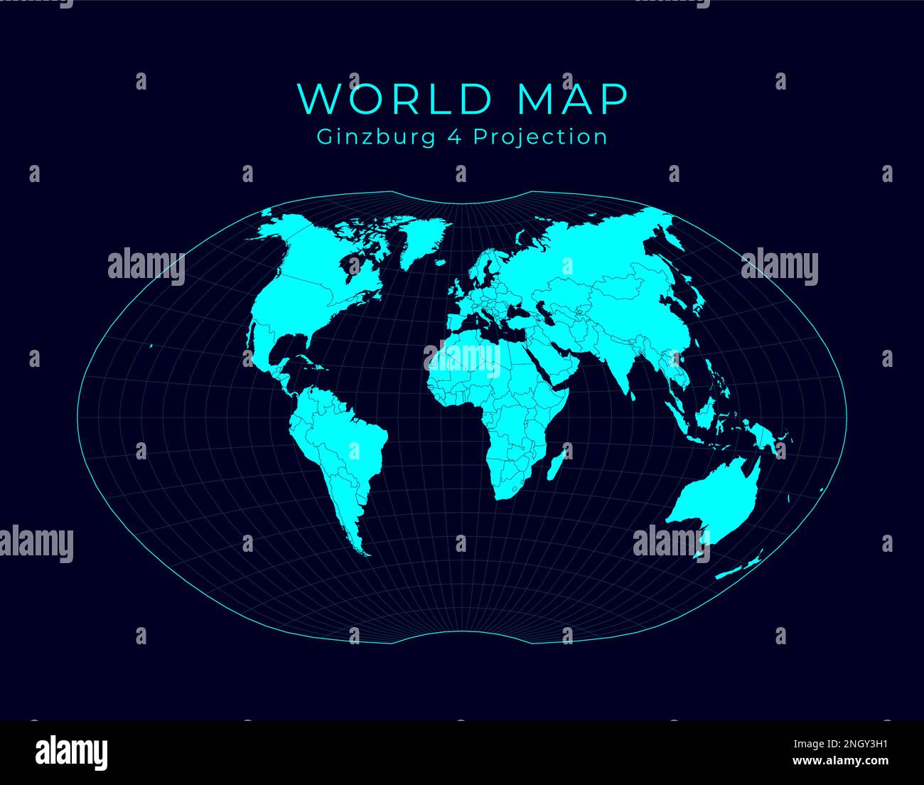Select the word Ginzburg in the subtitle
click(374, 137)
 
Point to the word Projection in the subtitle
click(540, 137)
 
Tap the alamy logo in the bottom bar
click(71, 752)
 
